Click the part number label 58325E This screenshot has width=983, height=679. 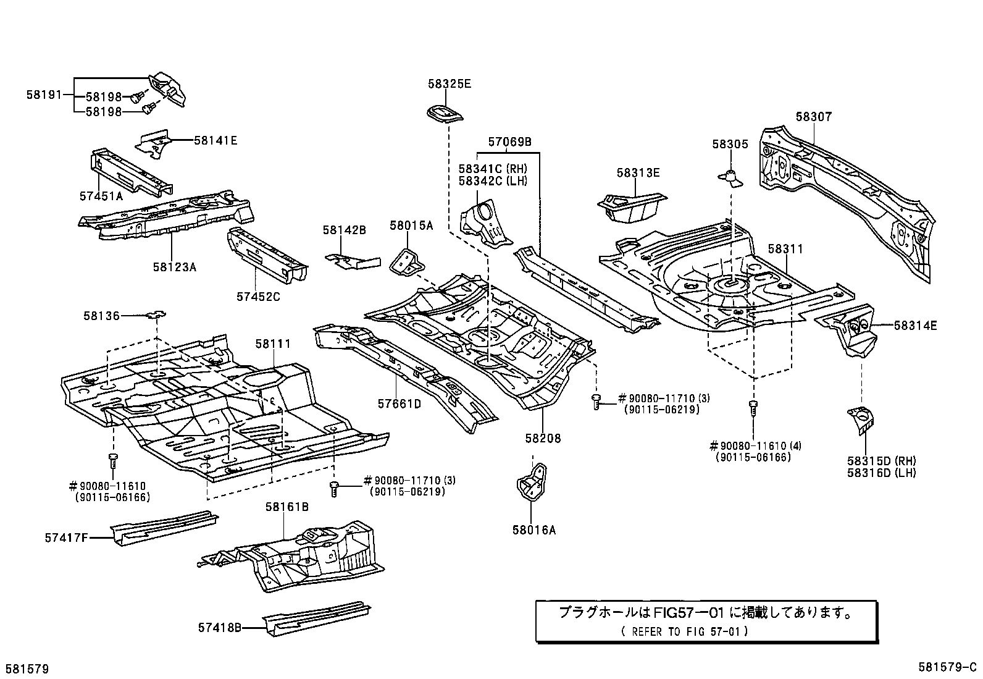[x=449, y=83]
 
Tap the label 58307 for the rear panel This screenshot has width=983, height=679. [x=813, y=117]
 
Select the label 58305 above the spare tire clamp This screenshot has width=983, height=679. [x=729, y=144]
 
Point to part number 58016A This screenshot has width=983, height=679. [x=533, y=529]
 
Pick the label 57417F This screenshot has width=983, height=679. [x=66, y=538]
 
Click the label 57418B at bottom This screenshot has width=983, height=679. [x=219, y=628]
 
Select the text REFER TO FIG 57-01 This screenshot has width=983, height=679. [x=686, y=631]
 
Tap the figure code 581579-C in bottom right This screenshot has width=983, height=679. [x=947, y=668]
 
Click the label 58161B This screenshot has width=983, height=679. [x=287, y=507]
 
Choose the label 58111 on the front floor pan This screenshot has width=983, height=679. [x=274, y=344]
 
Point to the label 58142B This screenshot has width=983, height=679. [x=344, y=230]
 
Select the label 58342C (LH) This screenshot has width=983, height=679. [x=493, y=180]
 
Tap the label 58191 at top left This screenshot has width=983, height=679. [x=44, y=95]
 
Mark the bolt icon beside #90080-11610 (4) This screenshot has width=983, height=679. [x=753, y=408]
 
